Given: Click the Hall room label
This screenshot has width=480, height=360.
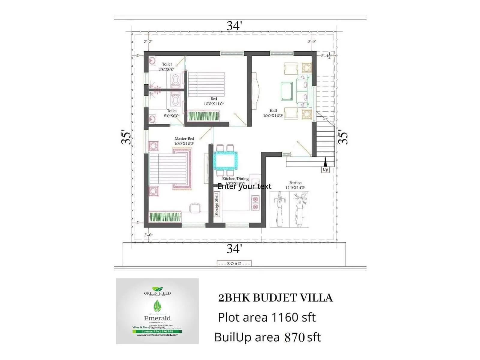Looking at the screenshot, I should click(x=273, y=111).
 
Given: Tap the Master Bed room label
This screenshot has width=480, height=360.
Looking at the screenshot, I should click(x=184, y=139).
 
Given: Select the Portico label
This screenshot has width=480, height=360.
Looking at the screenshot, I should click(x=295, y=183).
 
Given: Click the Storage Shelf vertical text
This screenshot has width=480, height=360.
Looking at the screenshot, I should click(x=217, y=204).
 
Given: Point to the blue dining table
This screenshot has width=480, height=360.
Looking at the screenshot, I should click(x=225, y=161).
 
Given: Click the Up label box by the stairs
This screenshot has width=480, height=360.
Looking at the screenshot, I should click(x=325, y=169).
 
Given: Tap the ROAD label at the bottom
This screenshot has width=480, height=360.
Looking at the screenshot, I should click(x=234, y=263).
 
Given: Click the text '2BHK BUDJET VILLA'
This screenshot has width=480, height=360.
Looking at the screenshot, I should click(x=275, y=298).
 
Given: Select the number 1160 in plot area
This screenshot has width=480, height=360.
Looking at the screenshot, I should click(x=284, y=317).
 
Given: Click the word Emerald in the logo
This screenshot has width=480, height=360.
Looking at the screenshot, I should click(x=157, y=318).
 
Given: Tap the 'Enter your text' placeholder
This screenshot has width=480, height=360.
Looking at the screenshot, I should click(x=244, y=186).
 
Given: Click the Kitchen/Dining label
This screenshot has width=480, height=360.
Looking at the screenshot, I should click(x=235, y=178).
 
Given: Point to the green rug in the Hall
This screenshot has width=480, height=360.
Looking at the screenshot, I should click(x=286, y=91).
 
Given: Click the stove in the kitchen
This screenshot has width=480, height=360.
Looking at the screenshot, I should click(x=255, y=202).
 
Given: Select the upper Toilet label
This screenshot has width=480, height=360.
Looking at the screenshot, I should click(x=167, y=64).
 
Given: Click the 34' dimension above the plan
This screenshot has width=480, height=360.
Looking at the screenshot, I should click(x=234, y=26).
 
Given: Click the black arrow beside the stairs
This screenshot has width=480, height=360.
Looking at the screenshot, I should click(x=325, y=162).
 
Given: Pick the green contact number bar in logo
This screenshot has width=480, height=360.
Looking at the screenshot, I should click(x=157, y=331).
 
